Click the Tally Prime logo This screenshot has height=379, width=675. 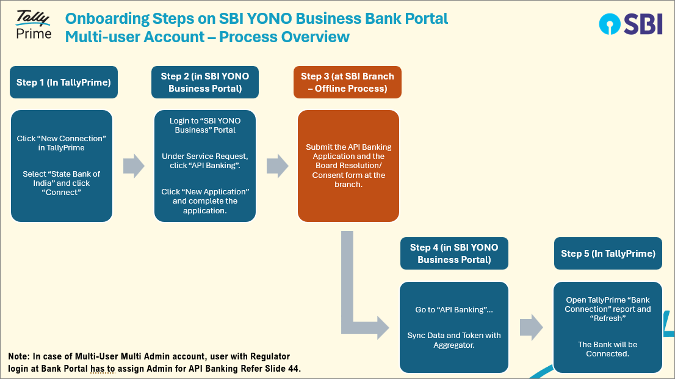click(34, 25)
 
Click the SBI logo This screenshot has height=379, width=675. click(630, 24)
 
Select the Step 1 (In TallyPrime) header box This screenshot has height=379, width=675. click(63, 83)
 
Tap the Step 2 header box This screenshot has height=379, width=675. click(205, 83)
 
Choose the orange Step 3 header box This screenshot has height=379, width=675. click(347, 83)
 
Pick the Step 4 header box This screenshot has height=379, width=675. click(454, 254)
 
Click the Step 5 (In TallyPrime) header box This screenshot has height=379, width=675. click(608, 254)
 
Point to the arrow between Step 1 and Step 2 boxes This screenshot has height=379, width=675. click(134, 166)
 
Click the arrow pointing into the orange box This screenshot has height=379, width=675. click(277, 166)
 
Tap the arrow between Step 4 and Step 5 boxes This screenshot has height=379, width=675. click(531, 327)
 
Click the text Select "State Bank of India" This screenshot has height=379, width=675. click(62, 178)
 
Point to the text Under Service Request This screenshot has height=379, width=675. click(205, 156)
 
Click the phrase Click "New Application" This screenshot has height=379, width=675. click(205, 191)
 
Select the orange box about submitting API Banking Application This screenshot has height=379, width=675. click(348, 166)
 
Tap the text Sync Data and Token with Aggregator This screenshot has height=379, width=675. click(454, 340)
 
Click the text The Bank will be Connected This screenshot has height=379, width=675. click(607, 349)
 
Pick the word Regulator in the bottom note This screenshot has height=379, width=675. click(270, 356)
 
